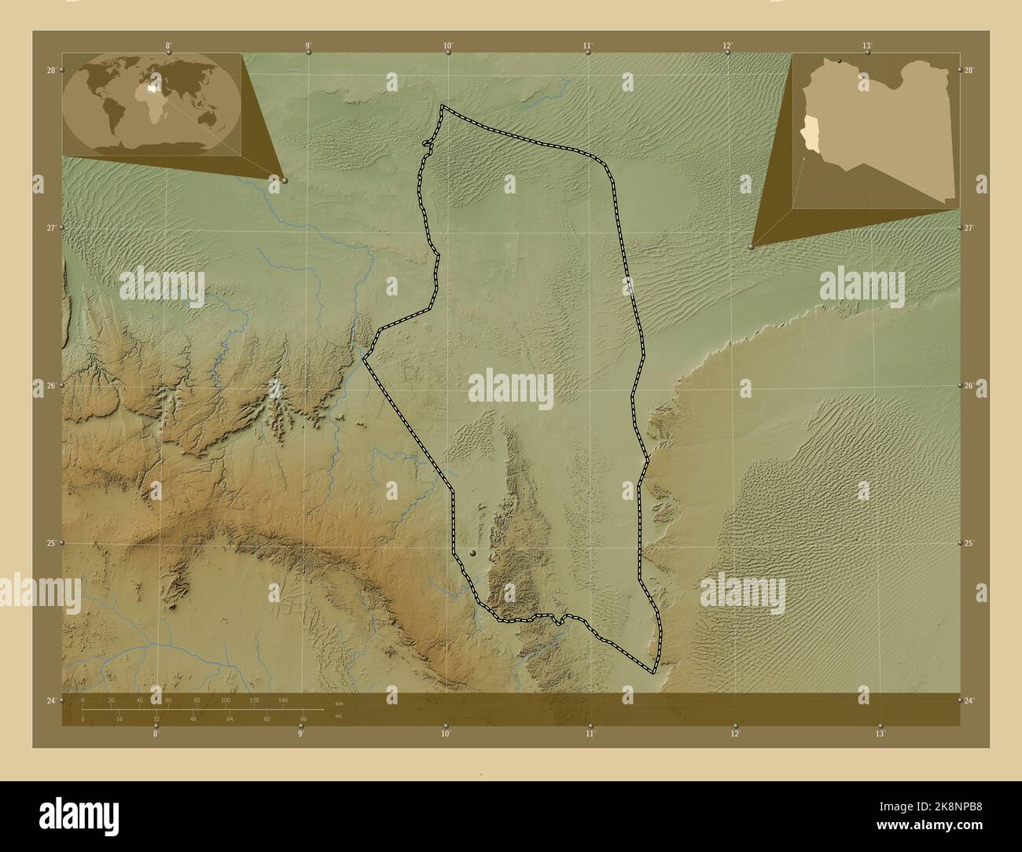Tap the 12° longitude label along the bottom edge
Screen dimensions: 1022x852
coord(735,734)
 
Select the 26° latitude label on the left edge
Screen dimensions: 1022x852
coord(51,386)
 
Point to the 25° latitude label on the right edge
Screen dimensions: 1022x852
coord(970,543)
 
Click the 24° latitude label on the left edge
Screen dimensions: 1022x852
coord(51,700)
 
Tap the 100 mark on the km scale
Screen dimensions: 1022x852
coord(226,700)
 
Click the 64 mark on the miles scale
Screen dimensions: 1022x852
coord(230,718)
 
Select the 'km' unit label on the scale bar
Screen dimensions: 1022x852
coord(339,703)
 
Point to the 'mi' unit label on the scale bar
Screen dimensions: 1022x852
coord(339,716)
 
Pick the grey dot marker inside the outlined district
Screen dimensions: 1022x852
coord(472,554)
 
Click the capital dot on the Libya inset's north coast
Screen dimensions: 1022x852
coord(840,61)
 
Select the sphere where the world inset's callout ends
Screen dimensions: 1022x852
coord(284,180)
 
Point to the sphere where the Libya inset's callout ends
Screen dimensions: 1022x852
coord(752,246)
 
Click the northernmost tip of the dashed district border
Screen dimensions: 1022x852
coord(442,106)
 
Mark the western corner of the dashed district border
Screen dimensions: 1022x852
coord(364,358)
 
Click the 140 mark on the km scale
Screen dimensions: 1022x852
coord(282,700)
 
